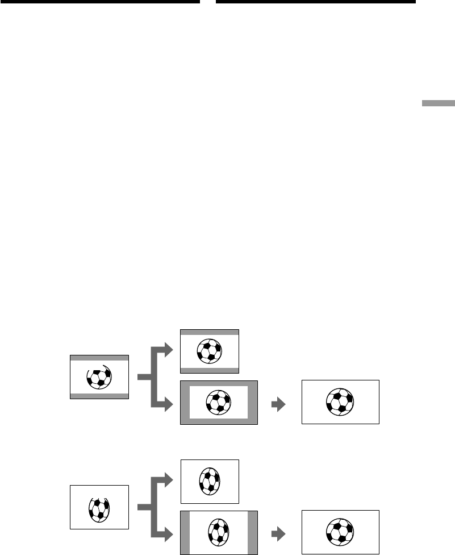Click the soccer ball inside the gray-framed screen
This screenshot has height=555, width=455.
tap(218, 403)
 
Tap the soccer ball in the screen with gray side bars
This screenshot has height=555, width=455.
tap(219, 533)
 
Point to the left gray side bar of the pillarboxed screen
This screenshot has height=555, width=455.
tap(185, 533)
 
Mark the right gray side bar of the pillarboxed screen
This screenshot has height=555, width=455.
tap(252, 533)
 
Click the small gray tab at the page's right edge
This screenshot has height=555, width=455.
tap(438, 103)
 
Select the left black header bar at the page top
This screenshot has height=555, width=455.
tap(100, 2)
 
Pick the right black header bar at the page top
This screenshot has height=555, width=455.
tap(316, 2)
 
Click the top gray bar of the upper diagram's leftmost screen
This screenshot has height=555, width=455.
tap(99, 358)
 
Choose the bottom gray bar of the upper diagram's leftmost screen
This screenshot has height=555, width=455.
tap(99, 395)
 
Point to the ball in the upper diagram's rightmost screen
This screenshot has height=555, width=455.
tap(340, 403)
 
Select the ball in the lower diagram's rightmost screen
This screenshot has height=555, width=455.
tap(340, 533)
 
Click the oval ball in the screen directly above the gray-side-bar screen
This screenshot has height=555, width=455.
tap(210, 481)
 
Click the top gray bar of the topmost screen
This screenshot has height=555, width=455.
tap(210, 332)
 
